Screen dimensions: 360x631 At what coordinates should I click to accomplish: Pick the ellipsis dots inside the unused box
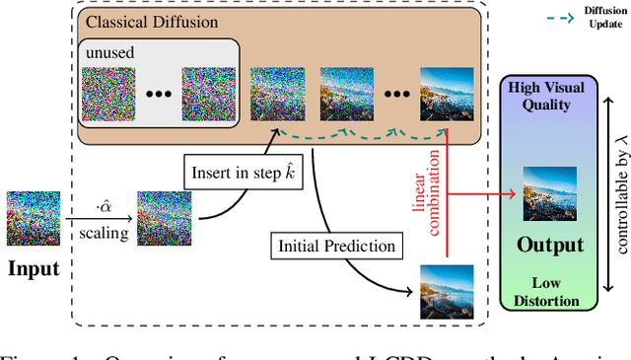[159, 96]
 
